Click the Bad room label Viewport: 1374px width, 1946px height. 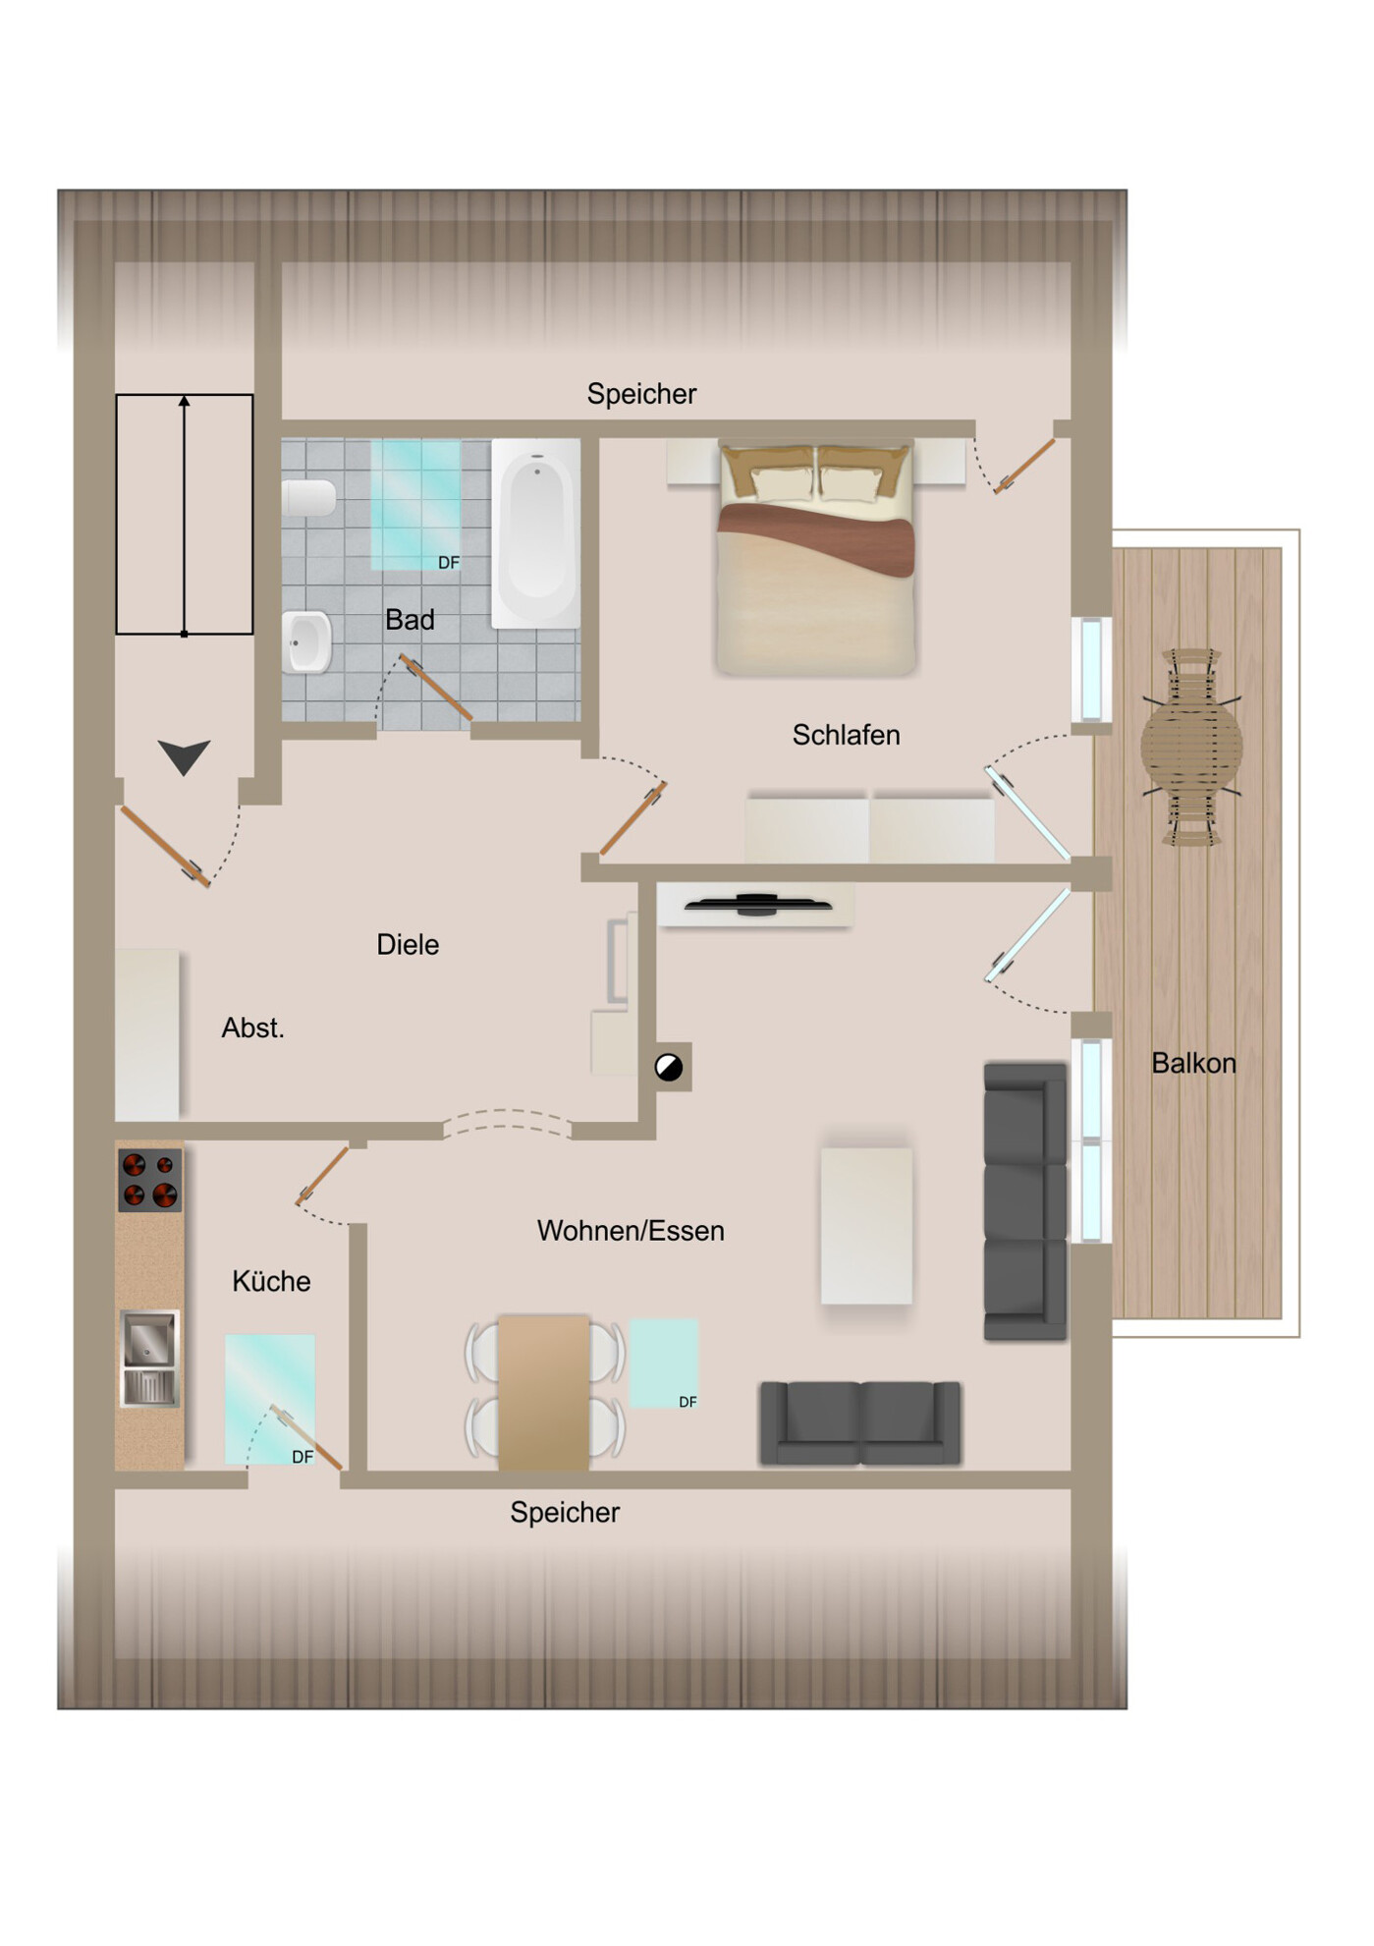pos(410,620)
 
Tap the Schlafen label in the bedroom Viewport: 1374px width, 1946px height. pos(846,735)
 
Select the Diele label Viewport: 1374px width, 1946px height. pos(408,945)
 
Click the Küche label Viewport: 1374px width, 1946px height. pos(271,1281)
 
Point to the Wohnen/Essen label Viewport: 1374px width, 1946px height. pos(631,1231)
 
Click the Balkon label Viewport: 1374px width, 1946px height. pos(1193,1063)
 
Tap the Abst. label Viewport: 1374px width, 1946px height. pos(252,1029)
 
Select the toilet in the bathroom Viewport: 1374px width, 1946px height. pos(309,498)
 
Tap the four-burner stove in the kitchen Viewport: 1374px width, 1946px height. pos(149,1180)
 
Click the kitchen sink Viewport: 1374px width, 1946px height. pos(149,1358)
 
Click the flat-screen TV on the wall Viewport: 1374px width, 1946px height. pos(757,904)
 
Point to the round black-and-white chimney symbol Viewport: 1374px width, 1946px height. pos(669,1067)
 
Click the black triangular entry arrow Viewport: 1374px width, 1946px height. pos(184,756)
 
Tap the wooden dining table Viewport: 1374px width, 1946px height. pos(544,1393)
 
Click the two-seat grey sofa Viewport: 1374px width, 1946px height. pos(860,1423)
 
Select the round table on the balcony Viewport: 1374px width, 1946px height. pos(1191,747)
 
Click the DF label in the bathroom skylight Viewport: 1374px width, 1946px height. pos(449,563)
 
